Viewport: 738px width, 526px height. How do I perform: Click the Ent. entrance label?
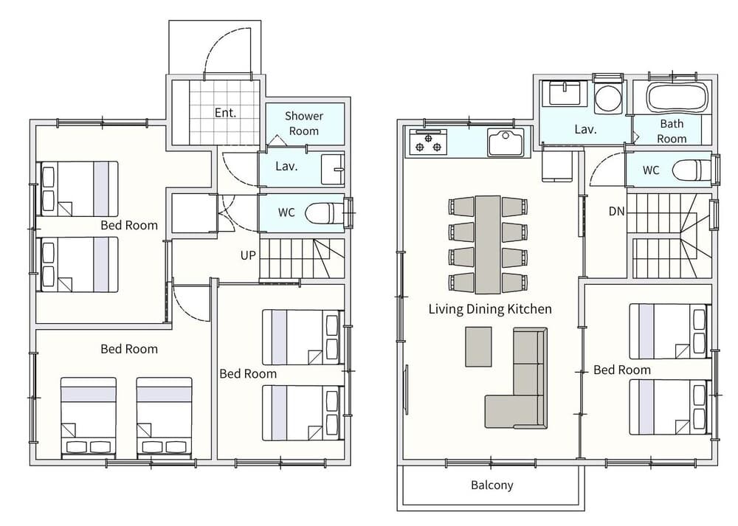pos(225,113)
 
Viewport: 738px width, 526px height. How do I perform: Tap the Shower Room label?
pos(304,123)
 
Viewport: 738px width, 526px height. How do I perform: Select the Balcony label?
pos(492,485)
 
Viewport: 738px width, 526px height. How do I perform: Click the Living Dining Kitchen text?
pos(489,309)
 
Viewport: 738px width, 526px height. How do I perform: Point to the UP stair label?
pos(248,255)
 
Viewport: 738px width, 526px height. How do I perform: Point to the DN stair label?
pos(616,212)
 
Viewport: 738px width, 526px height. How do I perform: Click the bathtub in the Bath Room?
pos(677,96)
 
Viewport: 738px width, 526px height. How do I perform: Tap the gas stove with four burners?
pos(429,142)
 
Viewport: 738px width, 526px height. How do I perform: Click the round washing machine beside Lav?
pos(609,98)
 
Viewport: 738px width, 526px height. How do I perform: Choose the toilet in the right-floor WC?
pos(689,170)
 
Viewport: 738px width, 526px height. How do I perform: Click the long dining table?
pos(488,244)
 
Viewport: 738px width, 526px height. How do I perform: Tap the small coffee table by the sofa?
pos(478,347)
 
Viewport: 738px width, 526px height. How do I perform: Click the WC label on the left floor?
pos(286,212)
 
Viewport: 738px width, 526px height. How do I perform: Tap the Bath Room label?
pos(672,131)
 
